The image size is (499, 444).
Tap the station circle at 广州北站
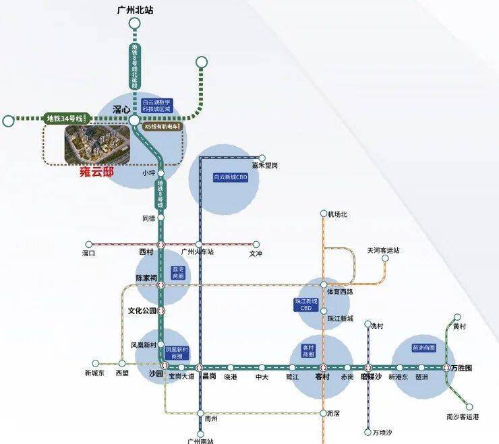[x=134, y=24]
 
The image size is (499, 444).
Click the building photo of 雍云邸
[x=96, y=144]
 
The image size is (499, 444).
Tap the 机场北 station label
[x=336, y=214]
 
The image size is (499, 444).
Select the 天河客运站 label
[x=383, y=250]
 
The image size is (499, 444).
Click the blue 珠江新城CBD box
[x=305, y=304]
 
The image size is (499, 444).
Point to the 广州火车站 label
[x=198, y=253]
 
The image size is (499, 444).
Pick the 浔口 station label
[x=88, y=253]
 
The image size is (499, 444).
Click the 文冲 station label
[x=255, y=254]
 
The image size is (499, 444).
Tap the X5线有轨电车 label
[x=162, y=127]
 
